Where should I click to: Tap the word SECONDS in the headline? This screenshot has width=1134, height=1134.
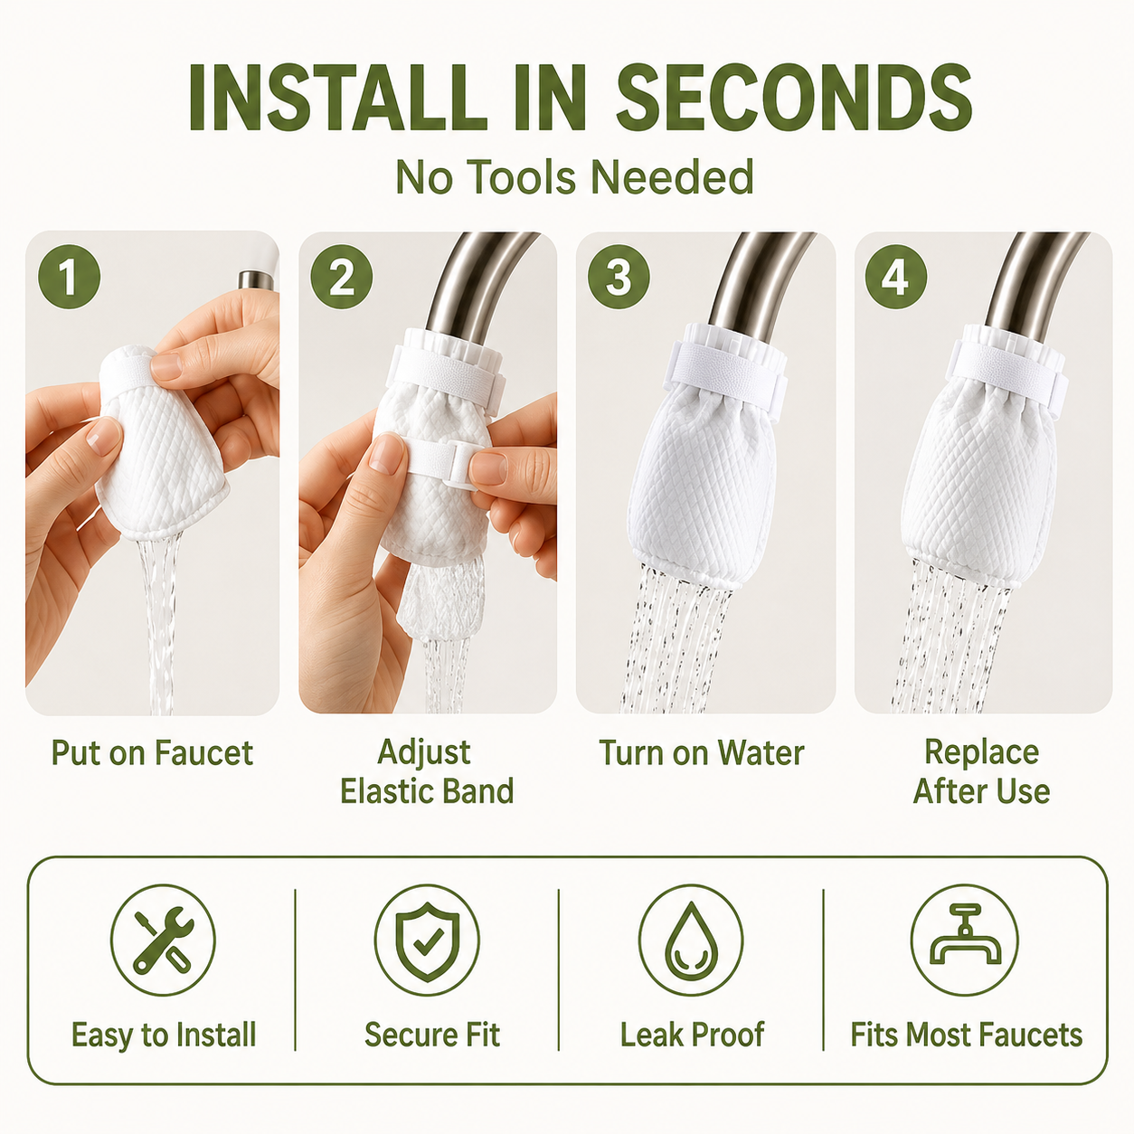(x=795, y=97)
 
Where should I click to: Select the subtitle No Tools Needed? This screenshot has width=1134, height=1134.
(x=574, y=176)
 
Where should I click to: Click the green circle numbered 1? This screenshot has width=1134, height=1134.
(x=70, y=277)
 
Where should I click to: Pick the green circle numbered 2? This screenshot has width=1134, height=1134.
(x=341, y=277)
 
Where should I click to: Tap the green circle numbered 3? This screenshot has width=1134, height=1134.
(x=619, y=277)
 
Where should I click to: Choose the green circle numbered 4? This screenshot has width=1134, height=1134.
(x=896, y=277)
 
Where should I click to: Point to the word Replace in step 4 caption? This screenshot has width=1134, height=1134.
(x=981, y=752)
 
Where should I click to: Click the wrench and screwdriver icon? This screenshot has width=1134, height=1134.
(x=163, y=940)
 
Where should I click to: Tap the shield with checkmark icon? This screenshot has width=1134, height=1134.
(x=427, y=940)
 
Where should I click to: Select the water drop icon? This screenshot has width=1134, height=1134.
(x=691, y=940)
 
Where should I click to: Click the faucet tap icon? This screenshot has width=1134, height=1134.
(x=965, y=940)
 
